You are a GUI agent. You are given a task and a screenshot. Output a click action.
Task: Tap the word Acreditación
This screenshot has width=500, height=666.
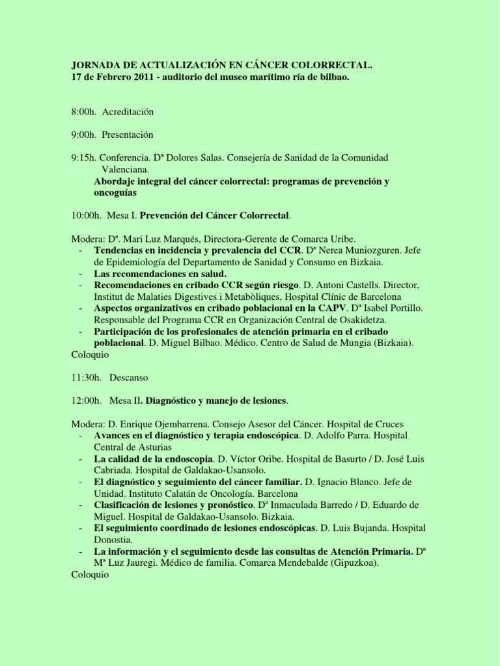128,112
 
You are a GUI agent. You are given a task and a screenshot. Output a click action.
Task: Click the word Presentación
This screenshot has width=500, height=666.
128,135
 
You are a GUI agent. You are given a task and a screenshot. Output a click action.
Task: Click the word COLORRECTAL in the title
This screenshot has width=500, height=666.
332,66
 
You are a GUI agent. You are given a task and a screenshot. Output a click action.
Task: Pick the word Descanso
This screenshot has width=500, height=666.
129,377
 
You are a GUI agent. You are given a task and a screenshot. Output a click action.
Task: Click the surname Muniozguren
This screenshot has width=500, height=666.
365,250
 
